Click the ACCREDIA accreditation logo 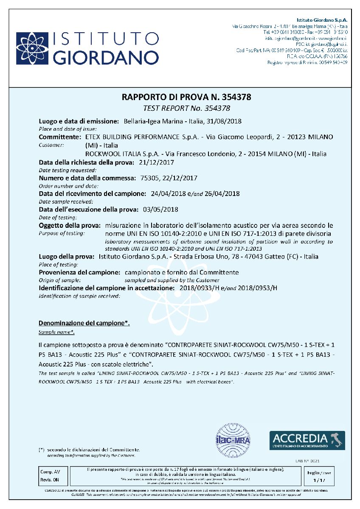click(307, 440)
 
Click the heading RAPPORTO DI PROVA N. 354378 click(186, 97)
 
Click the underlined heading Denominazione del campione click(84, 323)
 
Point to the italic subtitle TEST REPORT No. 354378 click(186, 108)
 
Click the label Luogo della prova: click(66, 257)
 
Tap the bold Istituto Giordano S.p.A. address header click(321, 20)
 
